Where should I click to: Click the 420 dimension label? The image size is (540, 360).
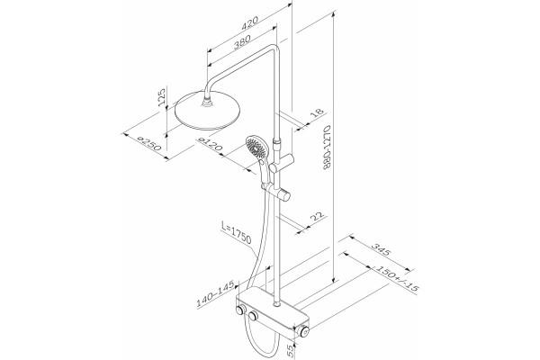pyautogui.click(x=249, y=23)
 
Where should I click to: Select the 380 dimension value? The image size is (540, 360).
pyautogui.click(x=242, y=42)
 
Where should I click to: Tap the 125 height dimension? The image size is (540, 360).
pyautogui.click(x=161, y=97)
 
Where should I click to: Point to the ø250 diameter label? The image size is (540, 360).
pyautogui.click(x=148, y=143)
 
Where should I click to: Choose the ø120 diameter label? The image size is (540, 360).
pyautogui.click(x=210, y=144)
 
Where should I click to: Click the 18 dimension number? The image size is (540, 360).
pyautogui.click(x=317, y=113)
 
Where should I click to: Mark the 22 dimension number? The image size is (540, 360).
pyautogui.click(x=318, y=217)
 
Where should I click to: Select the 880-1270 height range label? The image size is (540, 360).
pyautogui.click(x=328, y=147)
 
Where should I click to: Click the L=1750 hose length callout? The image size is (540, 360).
pyautogui.click(x=236, y=233)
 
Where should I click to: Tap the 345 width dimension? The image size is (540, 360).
pyautogui.click(x=381, y=250)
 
